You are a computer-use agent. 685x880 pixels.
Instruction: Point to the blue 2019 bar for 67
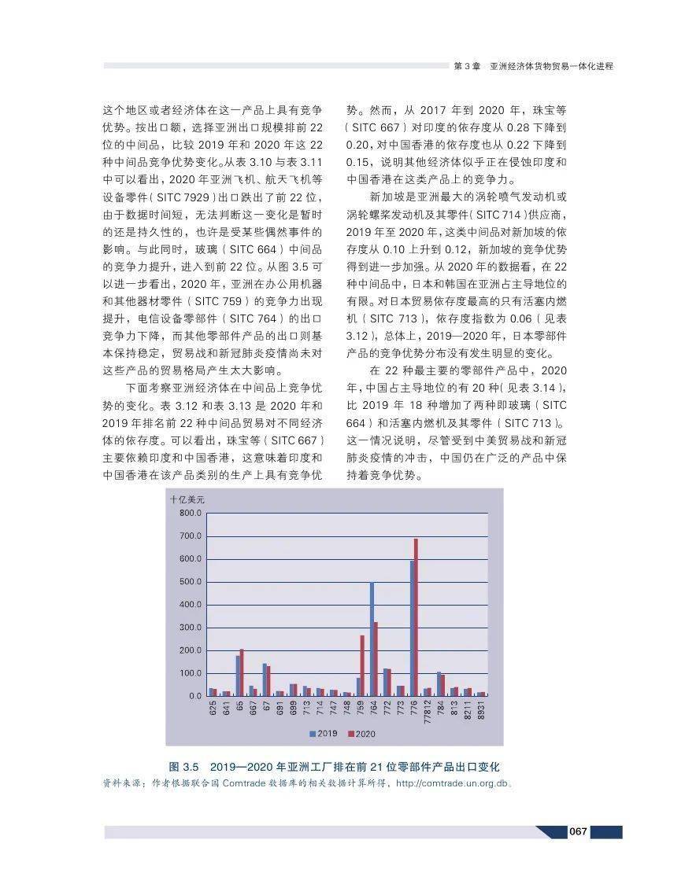point(265,679)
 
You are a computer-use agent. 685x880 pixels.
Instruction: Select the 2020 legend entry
point(361,733)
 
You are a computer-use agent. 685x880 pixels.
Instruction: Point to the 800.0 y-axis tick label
point(191,513)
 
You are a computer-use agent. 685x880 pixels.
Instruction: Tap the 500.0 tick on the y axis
point(191,582)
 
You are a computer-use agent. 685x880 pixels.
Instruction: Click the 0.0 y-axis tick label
point(194,696)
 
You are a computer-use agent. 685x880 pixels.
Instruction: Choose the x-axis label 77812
point(427,712)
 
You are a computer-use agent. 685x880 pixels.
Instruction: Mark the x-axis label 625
point(213,709)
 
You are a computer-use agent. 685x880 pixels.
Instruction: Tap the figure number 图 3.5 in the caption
point(186,766)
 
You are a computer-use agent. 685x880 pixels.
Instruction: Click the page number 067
point(579,832)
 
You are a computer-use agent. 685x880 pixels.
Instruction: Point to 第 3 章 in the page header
point(467,66)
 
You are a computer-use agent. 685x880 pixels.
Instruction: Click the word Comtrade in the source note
point(247,783)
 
